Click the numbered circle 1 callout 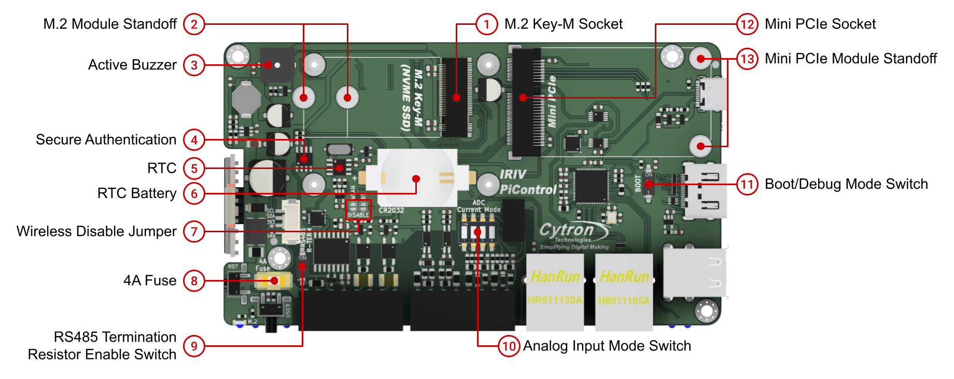486,24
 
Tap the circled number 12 747,24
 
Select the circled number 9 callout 194,346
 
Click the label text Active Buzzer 132,65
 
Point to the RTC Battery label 137,193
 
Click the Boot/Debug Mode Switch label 846,184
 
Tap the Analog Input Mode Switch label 607,346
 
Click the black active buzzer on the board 277,65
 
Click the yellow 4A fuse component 273,281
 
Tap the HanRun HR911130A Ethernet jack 555,291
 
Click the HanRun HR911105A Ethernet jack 624,291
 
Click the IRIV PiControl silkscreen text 526,183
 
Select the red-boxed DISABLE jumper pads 358,209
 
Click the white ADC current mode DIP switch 478,233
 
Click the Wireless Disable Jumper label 96,231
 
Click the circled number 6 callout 194,193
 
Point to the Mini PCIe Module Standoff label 850,59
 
